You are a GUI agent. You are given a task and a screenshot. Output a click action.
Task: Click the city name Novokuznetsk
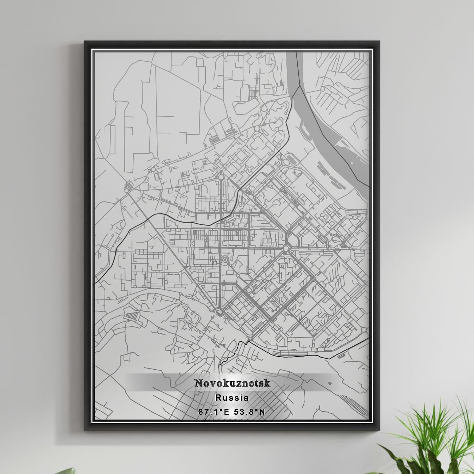tap(232, 383)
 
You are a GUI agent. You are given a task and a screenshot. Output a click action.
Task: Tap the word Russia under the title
tap(232, 398)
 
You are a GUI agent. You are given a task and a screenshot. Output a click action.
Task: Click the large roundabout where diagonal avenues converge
tap(285, 249)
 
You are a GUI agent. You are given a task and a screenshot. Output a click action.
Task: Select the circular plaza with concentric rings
tap(225, 260)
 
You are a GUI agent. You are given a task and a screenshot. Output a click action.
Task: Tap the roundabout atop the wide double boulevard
tap(221, 177)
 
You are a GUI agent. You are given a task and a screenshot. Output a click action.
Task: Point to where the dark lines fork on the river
tap(300, 86)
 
